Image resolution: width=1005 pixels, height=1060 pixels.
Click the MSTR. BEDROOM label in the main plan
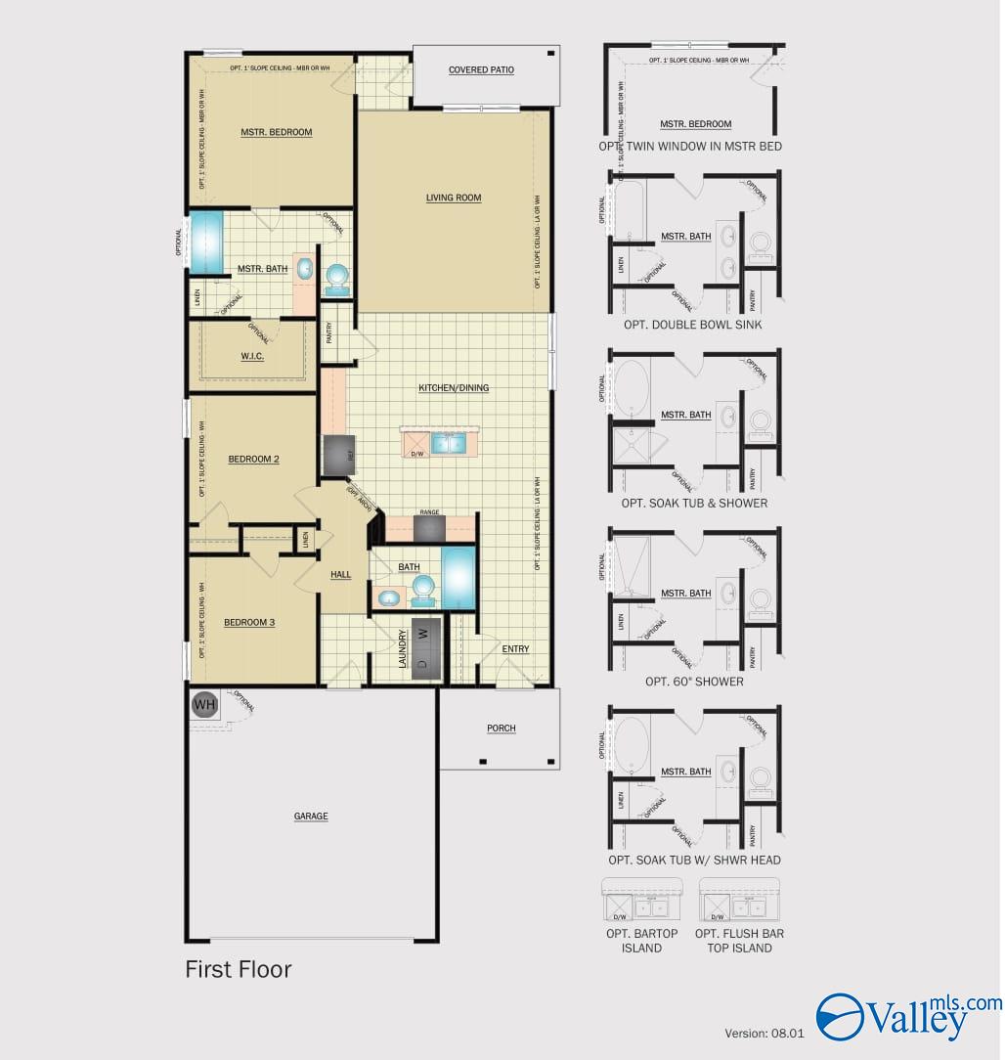(x=277, y=132)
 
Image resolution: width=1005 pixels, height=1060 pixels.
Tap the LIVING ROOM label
(x=454, y=198)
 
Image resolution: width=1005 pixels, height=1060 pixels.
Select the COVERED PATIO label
(x=481, y=70)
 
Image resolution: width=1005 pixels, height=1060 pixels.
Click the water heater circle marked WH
(x=204, y=704)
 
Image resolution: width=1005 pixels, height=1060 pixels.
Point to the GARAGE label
(x=311, y=817)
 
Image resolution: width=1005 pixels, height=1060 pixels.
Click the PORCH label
(x=501, y=729)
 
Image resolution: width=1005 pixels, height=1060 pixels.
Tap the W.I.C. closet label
(x=252, y=356)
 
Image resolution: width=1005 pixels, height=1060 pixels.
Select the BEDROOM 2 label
(x=254, y=459)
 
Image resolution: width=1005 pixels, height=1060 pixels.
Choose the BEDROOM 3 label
(x=249, y=622)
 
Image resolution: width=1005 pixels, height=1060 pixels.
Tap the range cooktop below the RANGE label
(x=429, y=528)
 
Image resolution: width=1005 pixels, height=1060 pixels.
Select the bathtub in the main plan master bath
(x=206, y=243)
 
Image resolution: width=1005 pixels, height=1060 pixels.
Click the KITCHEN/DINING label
(x=454, y=388)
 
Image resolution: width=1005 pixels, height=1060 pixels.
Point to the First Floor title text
(x=239, y=969)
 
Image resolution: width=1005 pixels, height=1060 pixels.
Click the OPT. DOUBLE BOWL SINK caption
(x=692, y=325)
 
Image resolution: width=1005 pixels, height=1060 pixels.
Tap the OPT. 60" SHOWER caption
(x=694, y=682)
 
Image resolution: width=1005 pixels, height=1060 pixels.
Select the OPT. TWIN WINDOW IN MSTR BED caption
(x=690, y=147)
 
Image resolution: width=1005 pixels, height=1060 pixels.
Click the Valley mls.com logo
(x=908, y=1015)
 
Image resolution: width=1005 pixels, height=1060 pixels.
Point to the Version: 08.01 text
(x=764, y=1033)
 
